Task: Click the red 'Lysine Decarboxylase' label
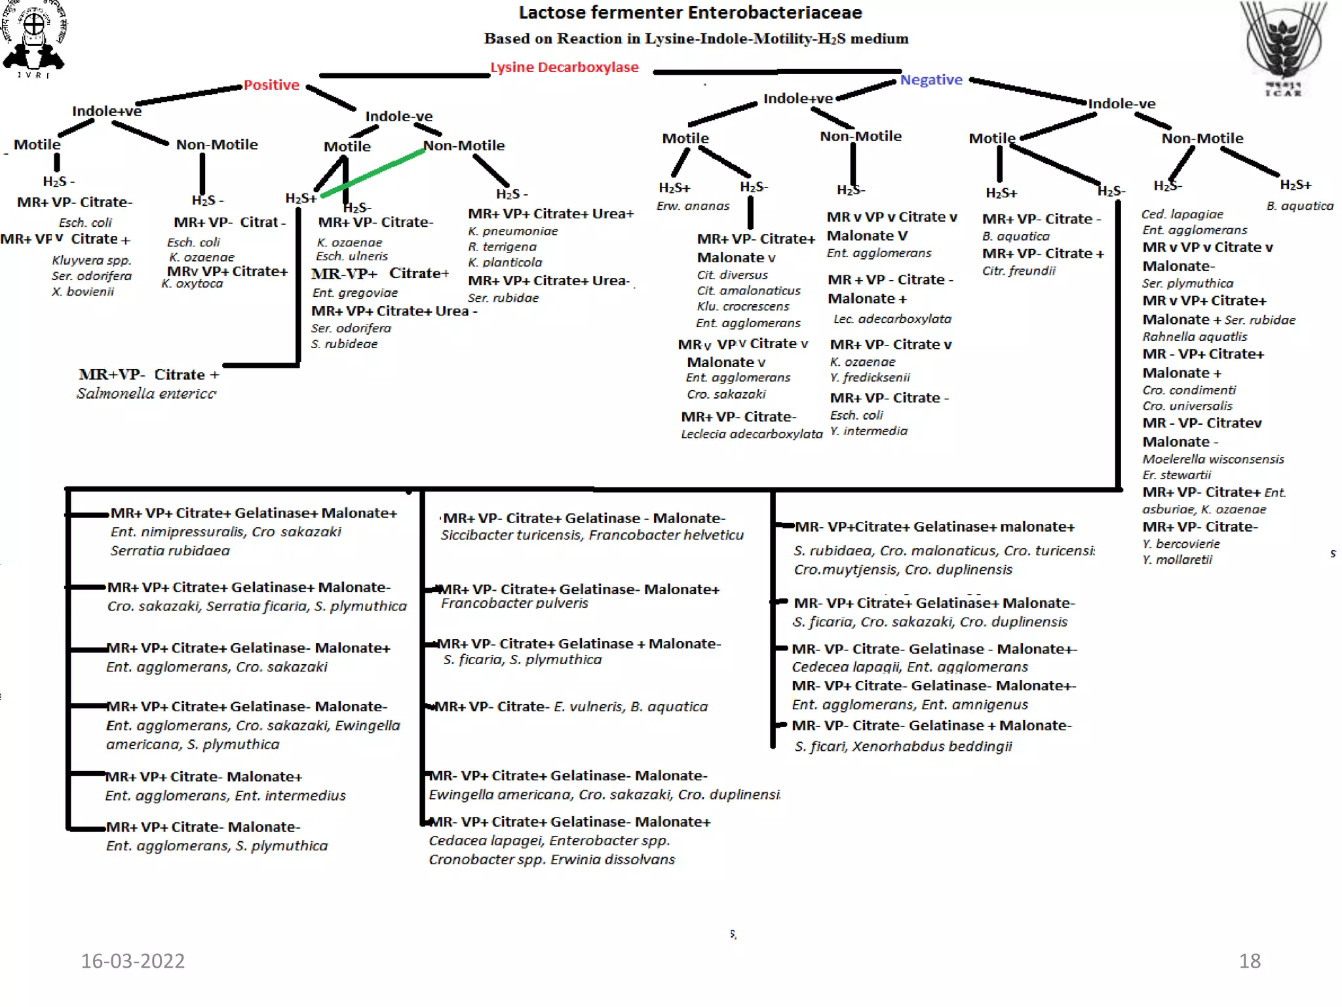[564, 68]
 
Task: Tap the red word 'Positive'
[271, 85]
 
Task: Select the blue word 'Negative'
[930, 80]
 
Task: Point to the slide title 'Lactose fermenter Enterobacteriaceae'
[690, 12]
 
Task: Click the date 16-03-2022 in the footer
[132, 960]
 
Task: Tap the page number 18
[1249, 960]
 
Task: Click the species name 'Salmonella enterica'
[146, 393]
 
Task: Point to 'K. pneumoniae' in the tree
[513, 231]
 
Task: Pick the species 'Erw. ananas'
[693, 206]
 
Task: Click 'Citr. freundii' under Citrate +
[1018, 271]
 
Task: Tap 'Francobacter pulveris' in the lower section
[514, 603]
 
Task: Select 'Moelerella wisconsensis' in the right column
[1213, 459]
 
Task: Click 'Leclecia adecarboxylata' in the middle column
[751, 434]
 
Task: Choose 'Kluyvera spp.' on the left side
[92, 260]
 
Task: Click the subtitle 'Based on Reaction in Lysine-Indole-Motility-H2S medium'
[696, 39]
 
